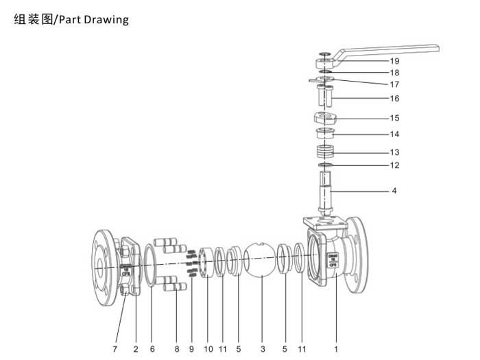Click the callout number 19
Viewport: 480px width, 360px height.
point(394,61)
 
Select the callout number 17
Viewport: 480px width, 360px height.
point(394,84)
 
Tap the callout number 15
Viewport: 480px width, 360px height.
point(394,118)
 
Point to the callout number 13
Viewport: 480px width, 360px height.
point(394,152)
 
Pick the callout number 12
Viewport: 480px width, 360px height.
point(394,165)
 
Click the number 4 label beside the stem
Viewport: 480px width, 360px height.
point(394,191)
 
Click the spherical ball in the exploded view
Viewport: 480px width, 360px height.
point(261,259)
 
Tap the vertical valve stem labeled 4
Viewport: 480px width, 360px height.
point(325,192)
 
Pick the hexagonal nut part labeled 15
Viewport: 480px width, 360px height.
point(326,117)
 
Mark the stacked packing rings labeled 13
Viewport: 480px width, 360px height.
point(326,151)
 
